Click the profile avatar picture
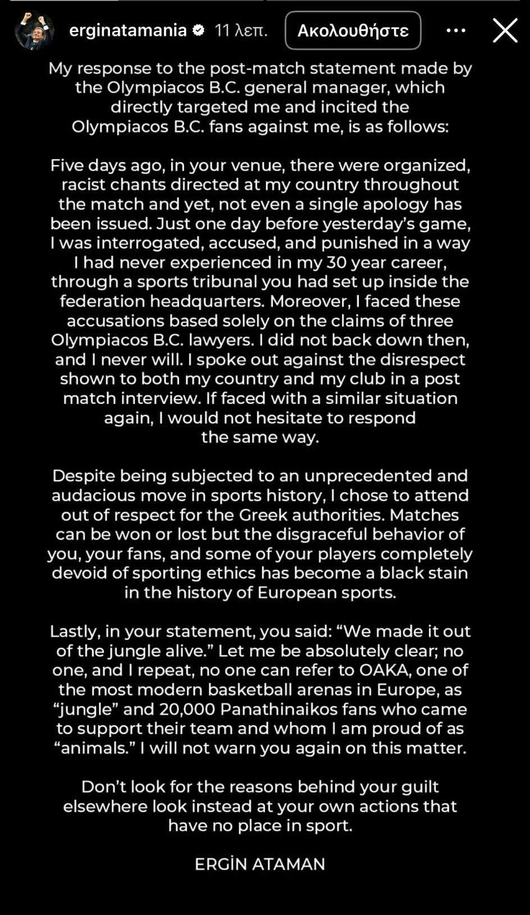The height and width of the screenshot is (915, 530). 34,30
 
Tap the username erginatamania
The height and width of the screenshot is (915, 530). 127,30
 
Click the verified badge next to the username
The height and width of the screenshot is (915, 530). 199,30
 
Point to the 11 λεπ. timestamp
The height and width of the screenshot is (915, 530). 241,30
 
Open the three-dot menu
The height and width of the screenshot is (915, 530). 455,30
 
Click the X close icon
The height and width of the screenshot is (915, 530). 505,30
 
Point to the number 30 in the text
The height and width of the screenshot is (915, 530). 333,263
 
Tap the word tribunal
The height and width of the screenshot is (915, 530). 222,282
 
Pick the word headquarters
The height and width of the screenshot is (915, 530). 207,301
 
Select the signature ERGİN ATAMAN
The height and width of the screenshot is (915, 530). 260,864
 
